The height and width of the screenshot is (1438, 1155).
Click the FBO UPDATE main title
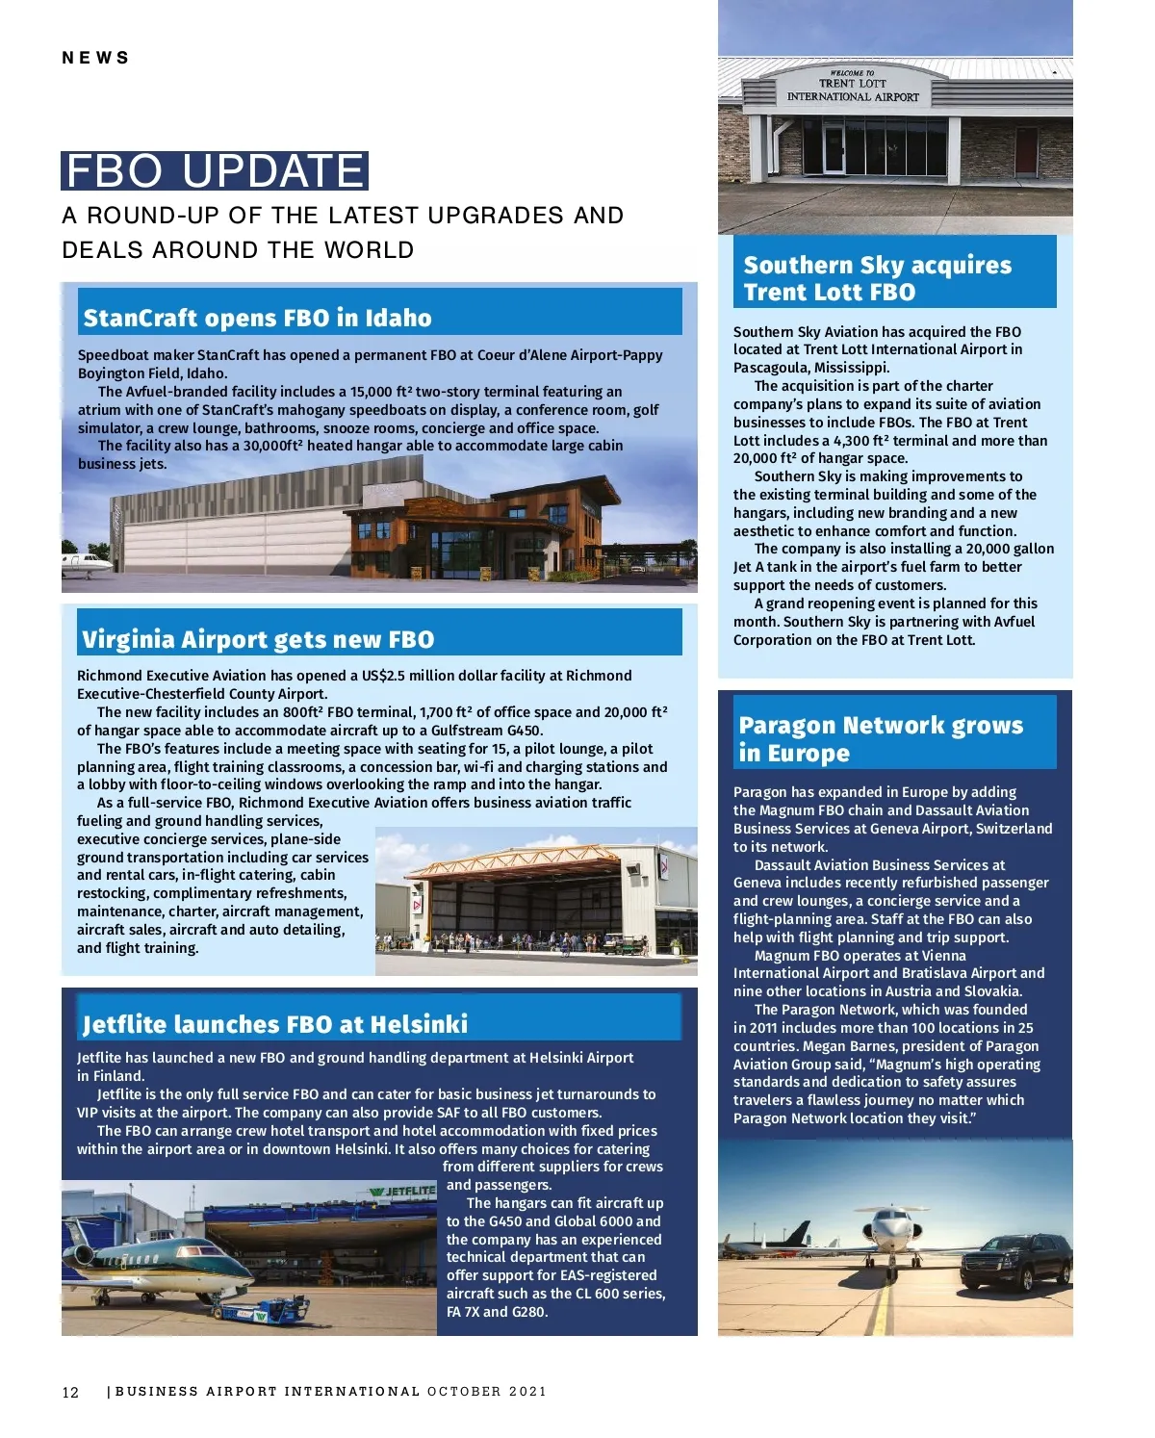pyautogui.click(x=214, y=171)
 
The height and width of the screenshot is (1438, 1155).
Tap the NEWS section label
pyautogui.click(x=95, y=58)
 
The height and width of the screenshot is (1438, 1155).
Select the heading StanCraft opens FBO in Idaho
pyautogui.click(x=257, y=318)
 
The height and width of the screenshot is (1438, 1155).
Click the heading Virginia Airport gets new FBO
pyautogui.click(x=258, y=639)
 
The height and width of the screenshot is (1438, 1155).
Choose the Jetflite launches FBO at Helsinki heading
pyautogui.click(x=275, y=1023)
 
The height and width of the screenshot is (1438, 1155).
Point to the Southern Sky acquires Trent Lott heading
pyautogui.click(x=877, y=278)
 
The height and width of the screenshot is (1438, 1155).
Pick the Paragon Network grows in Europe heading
pyautogui.click(x=880, y=738)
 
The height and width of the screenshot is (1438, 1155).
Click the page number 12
pyautogui.click(x=70, y=1392)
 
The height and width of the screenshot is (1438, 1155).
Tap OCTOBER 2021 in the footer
pyautogui.click(x=487, y=1391)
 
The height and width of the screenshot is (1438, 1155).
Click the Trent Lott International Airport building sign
pyautogui.click(x=853, y=86)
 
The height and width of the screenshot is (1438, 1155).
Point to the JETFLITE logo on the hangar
pyautogui.click(x=404, y=1191)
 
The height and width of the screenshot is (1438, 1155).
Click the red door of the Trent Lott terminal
pyautogui.click(x=1026, y=152)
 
